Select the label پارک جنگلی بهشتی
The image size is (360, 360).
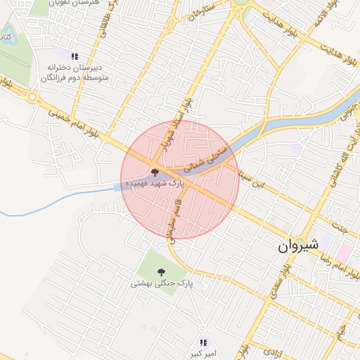pos(161,283)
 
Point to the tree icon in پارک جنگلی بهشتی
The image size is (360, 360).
pos(161,272)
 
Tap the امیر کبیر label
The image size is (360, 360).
pos(203,353)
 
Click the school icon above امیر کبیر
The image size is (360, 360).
pos(203,342)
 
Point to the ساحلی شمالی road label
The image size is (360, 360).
pos(205,155)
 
